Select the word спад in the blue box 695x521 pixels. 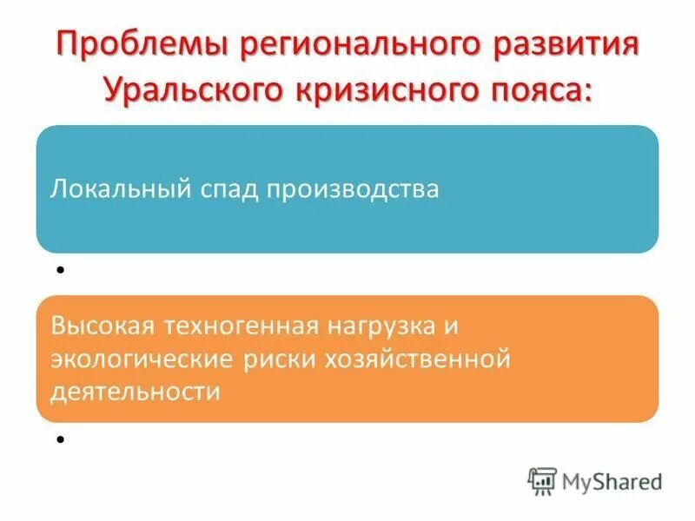coord(234,189)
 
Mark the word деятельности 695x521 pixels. coord(135,390)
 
